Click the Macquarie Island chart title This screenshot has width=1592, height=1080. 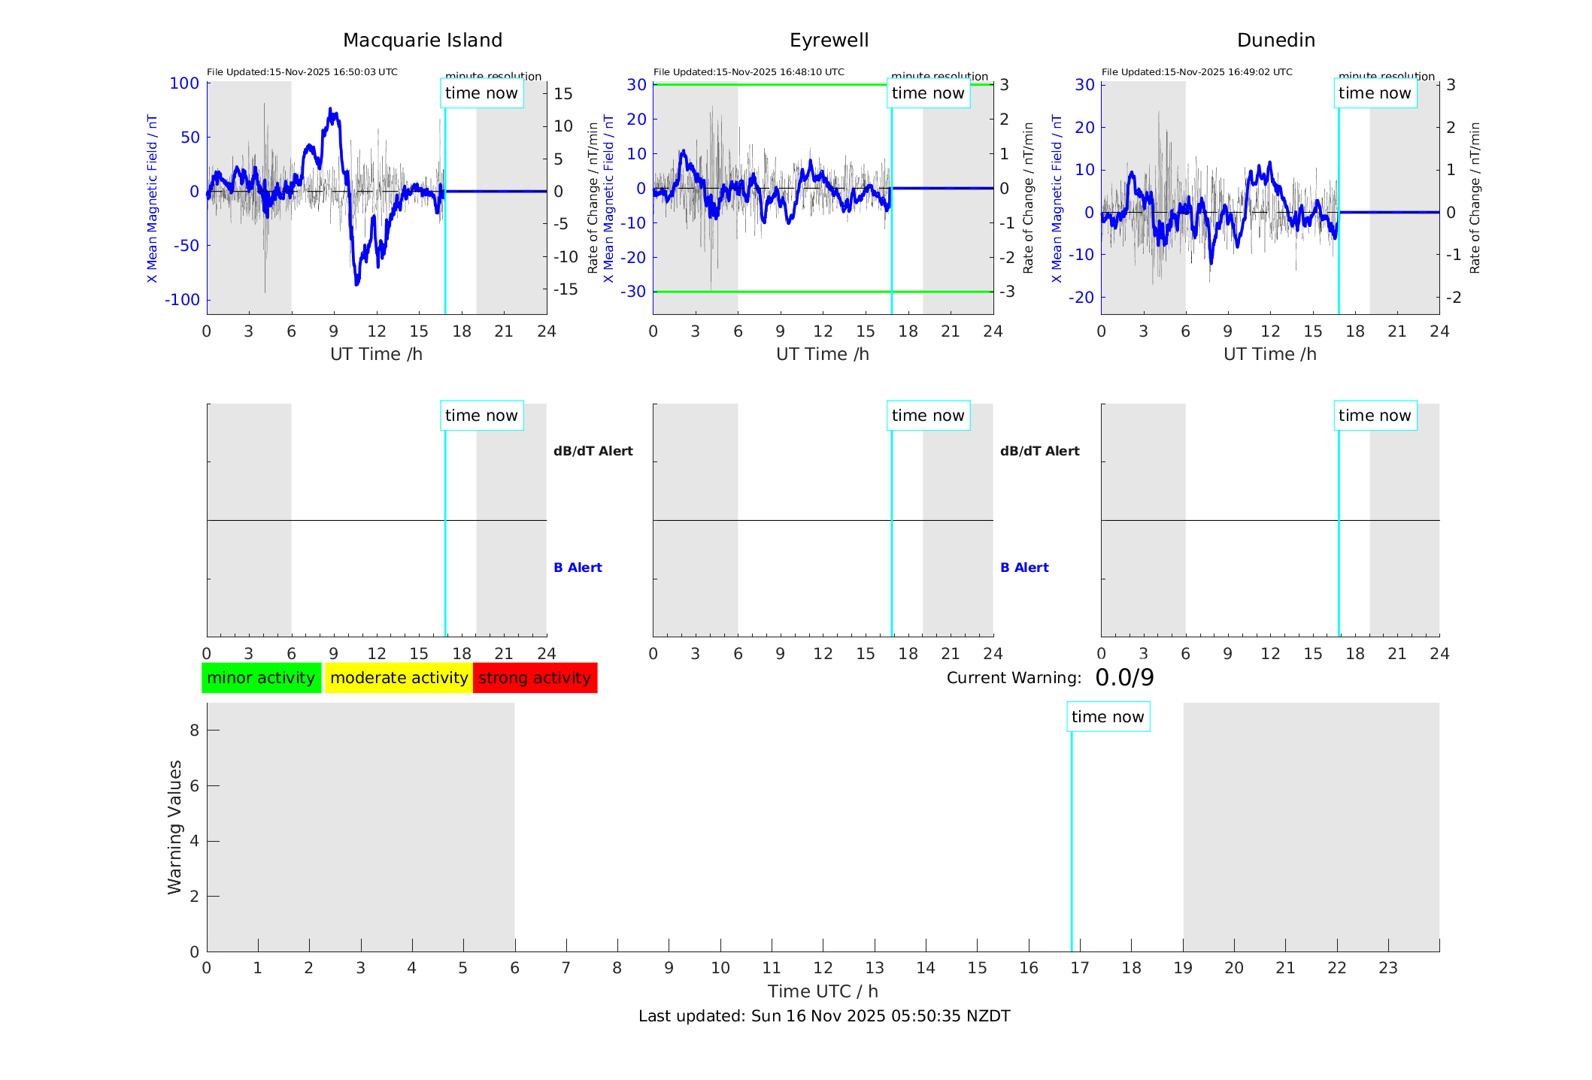[x=422, y=41]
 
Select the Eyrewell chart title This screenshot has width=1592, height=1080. [x=829, y=41]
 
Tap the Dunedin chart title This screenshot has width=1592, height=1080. [x=1275, y=41]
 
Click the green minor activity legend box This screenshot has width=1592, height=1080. [x=261, y=678]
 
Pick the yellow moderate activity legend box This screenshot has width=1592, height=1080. [x=399, y=678]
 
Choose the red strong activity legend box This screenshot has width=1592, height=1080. [x=535, y=678]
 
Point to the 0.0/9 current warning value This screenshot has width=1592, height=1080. [x=1124, y=678]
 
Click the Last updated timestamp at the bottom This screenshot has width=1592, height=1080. [x=824, y=1016]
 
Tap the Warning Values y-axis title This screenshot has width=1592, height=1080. [x=174, y=827]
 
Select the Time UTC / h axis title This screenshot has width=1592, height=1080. [x=823, y=991]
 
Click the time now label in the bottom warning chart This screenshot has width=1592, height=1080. [x=1108, y=717]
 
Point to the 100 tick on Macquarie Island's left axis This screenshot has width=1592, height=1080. [x=184, y=83]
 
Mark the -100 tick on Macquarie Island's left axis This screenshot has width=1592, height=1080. [x=183, y=300]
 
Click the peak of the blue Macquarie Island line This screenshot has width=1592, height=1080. [x=330, y=110]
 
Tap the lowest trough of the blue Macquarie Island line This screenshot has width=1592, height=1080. [x=356, y=284]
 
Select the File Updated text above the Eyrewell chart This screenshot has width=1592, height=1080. [x=748, y=72]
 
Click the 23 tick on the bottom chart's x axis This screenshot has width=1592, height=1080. [x=1387, y=968]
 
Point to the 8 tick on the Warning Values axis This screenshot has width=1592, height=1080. [x=194, y=730]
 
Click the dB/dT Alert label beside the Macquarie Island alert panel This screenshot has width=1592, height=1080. [x=593, y=451]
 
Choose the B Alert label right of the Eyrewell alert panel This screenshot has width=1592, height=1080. [x=1024, y=567]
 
